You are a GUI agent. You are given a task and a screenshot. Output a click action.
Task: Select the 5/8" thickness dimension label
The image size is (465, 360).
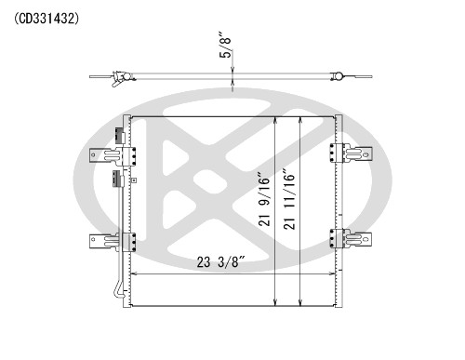point(224,46)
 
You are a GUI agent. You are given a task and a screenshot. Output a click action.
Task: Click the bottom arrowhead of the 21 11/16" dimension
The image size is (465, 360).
point(301,303)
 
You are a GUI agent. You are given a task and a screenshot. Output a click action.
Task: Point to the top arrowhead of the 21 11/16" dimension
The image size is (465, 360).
point(301,119)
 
